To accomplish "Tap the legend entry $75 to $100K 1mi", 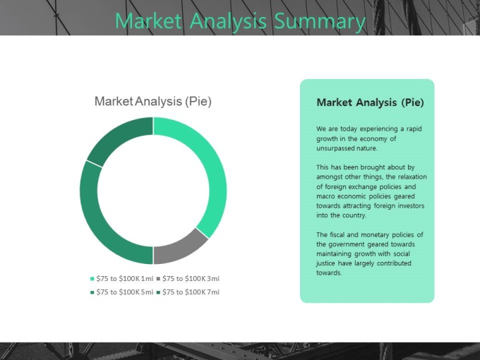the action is pos(121,279).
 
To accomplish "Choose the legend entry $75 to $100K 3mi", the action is pos(188,279).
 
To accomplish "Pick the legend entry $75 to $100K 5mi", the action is pos(121,292).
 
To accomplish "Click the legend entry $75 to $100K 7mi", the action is pos(188,292).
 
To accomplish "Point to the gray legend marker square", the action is pos(158,279).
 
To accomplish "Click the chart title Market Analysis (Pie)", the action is pos(153,102).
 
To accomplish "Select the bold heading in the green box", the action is pos(370,102).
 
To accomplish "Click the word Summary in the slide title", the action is pos(320,20).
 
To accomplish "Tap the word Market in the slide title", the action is pos(148,20).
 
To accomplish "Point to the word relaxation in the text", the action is pos(412,176).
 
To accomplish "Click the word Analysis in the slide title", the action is pos(228,21).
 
